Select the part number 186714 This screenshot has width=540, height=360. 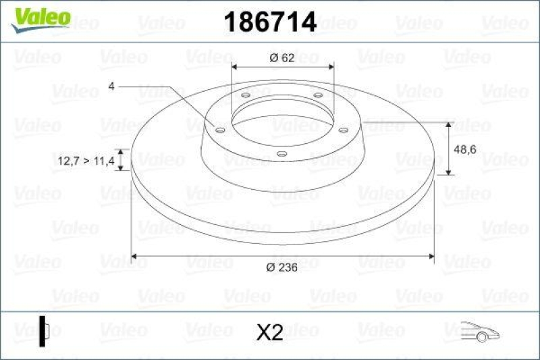pos(269,22)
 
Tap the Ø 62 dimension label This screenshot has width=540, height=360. pos(281,58)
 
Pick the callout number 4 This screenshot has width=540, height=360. pos(111,86)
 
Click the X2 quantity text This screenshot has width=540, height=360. pos(269,332)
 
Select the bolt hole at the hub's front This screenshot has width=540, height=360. pos(281,155)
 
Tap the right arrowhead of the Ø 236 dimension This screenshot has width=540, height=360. pos(431,256)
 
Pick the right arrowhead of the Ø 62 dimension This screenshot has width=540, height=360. pos(330,67)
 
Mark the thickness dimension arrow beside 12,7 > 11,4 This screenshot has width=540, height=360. pos(121,160)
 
